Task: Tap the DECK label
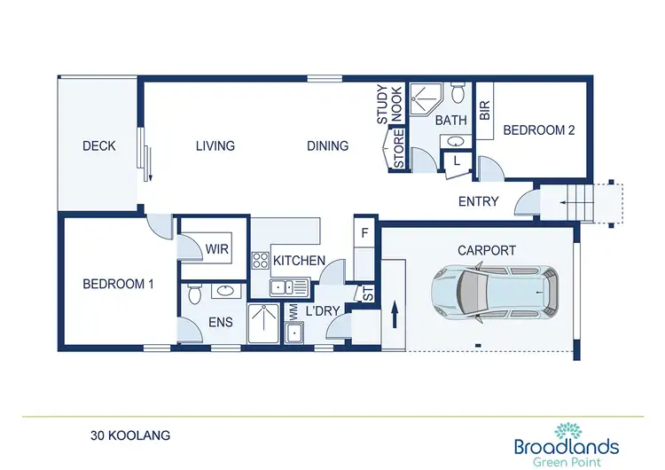(98, 146)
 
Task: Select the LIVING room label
(215, 146)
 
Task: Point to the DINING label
(327, 146)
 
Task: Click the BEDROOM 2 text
(539, 130)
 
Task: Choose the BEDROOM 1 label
(119, 285)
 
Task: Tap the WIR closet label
(217, 250)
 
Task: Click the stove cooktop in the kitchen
(262, 261)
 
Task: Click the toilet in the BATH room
(458, 92)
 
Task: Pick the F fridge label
(364, 234)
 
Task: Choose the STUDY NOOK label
(389, 105)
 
